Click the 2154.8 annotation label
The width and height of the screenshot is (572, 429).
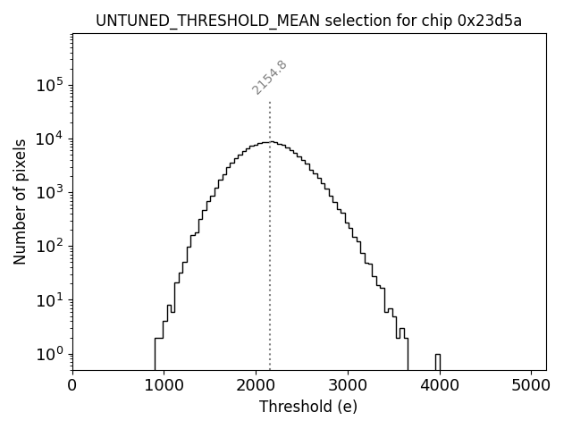point(269,78)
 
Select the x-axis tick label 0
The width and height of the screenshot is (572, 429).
point(72,386)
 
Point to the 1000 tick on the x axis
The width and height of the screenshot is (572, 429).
point(164,386)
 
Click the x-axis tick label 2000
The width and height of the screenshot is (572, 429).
point(256,386)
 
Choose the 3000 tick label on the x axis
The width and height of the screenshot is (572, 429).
point(347,386)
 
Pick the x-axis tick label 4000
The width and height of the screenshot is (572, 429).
point(439,386)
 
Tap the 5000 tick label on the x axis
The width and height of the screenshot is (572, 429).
point(530,386)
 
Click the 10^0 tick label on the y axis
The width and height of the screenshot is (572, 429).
point(48,354)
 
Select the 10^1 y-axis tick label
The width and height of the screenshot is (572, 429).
point(48,300)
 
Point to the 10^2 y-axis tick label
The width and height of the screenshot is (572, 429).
point(48,247)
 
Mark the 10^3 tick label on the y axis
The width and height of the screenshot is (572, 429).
point(48,193)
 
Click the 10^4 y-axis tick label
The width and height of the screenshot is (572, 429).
point(48,139)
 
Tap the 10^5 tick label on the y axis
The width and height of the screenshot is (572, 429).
point(48,85)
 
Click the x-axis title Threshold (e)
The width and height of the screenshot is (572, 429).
point(308,407)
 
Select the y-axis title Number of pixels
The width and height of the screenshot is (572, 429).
point(20,202)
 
